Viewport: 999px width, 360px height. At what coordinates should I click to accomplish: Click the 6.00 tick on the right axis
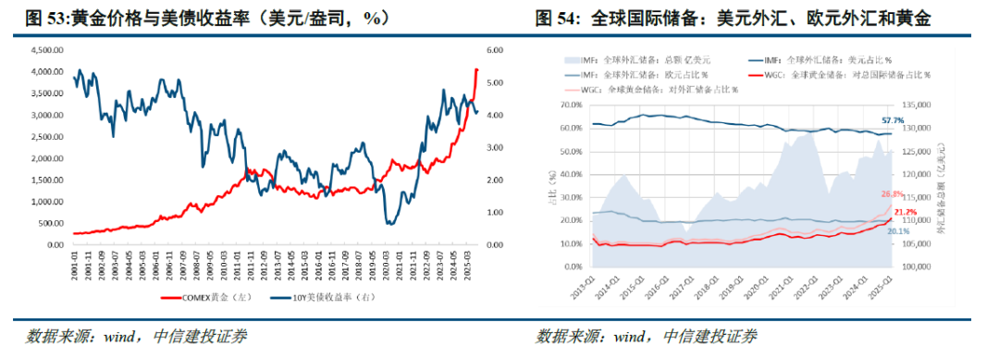click(x=493, y=50)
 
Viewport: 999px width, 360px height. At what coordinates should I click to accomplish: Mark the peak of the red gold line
click(x=476, y=69)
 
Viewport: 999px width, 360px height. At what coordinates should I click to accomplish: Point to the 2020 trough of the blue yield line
click(x=390, y=223)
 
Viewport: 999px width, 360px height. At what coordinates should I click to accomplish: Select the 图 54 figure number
click(x=558, y=18)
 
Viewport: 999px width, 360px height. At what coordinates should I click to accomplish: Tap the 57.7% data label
click(x=893, y=122)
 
